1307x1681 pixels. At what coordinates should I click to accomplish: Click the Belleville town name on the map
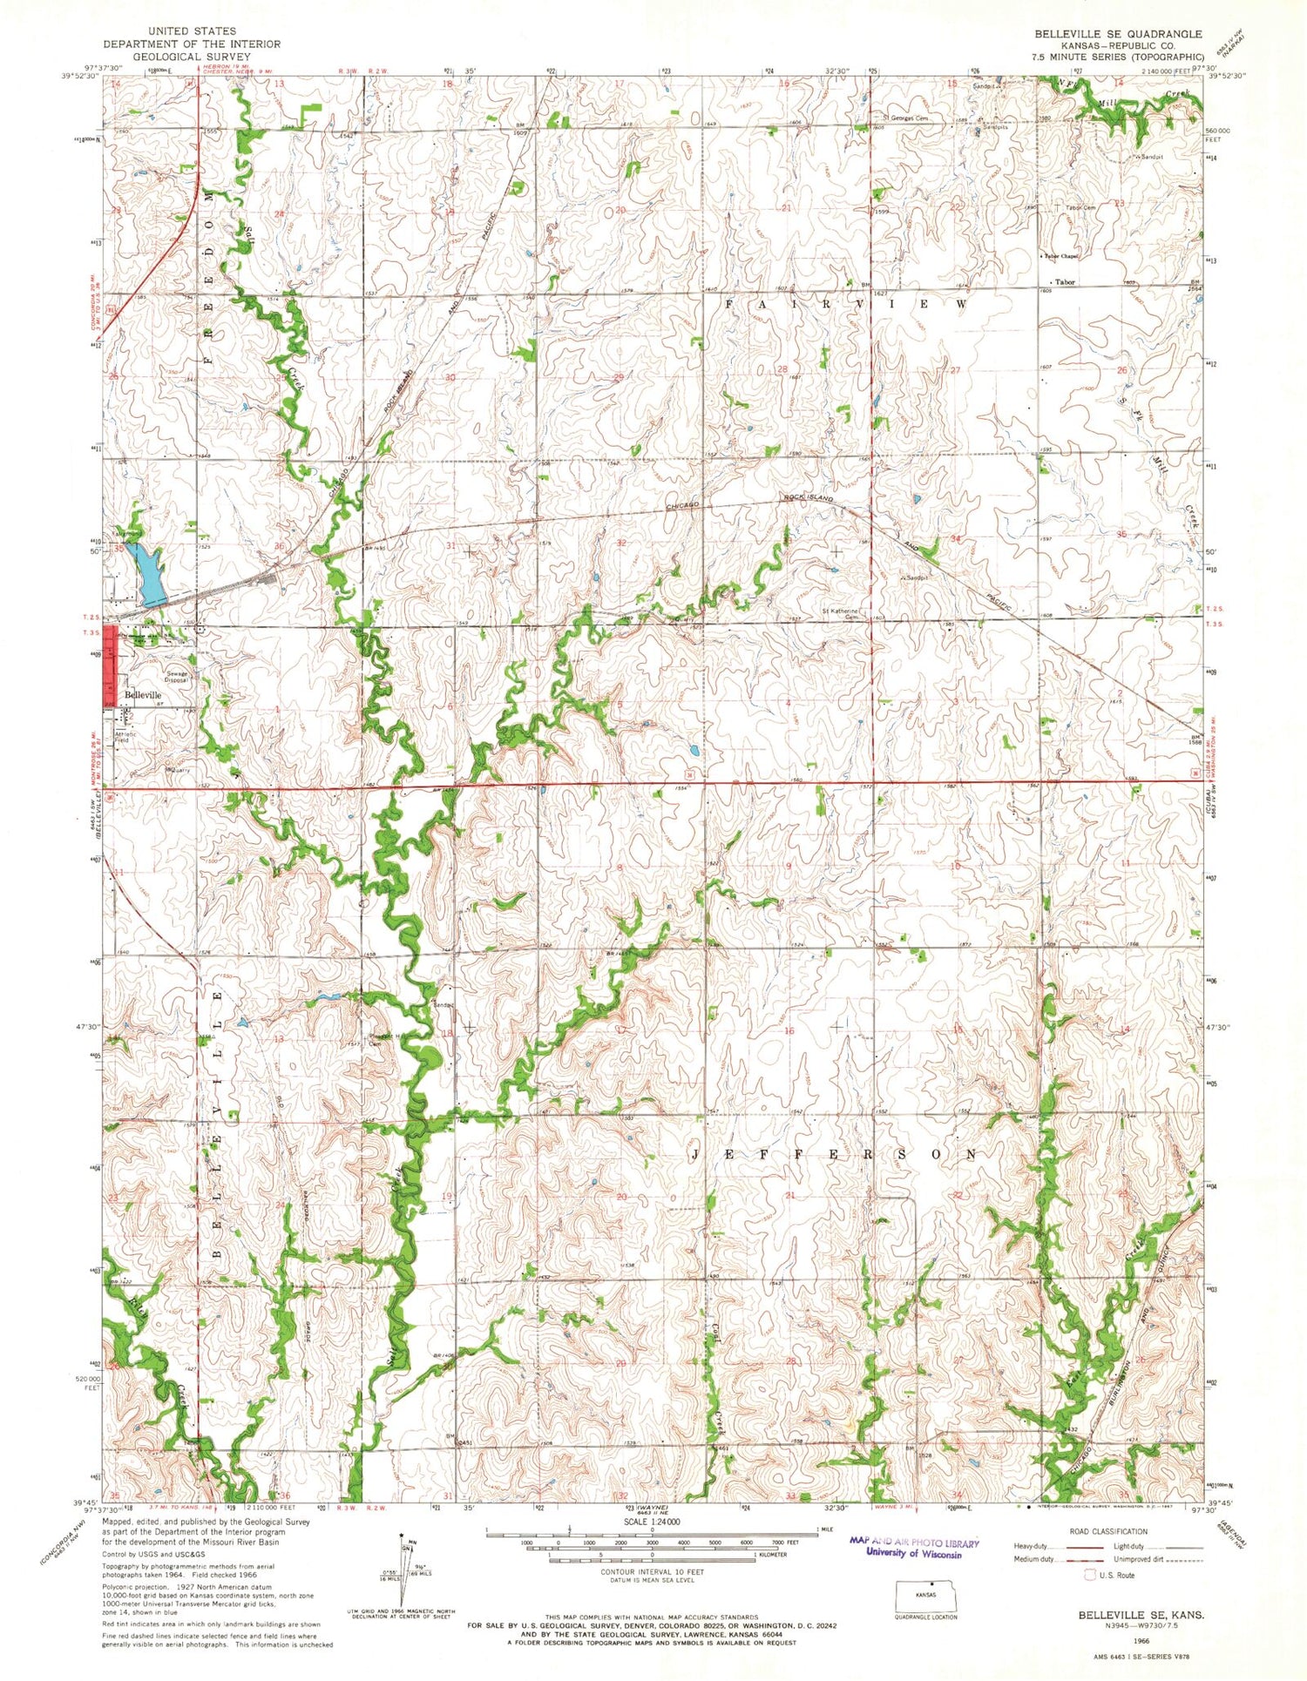tap(142, 695)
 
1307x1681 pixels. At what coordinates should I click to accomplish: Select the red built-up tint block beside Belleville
tap(110, 666)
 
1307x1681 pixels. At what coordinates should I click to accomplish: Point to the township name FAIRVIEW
tap(845, 305)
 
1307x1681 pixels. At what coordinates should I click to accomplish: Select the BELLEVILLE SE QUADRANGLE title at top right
tap(1118, 33)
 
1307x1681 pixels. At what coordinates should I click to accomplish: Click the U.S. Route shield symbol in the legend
tap(1089, 1575)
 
